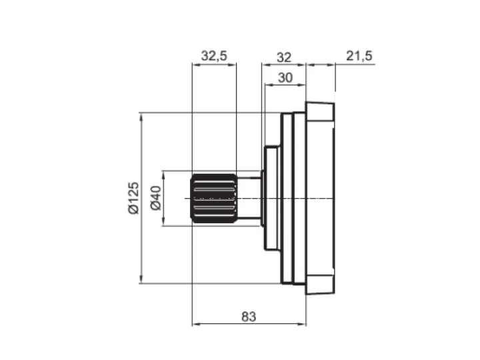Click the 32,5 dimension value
[x=214, y=56]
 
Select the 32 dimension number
[x=284, y=57]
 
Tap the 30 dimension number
[x=285, y=78]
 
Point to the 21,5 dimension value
[x=359, y=56]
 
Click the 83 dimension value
[x=249, y=317]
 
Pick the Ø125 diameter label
[x=134, y=198]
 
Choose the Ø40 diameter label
[x=156, y=198]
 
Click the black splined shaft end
[x=214, y=198]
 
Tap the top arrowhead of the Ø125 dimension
[x=141, y=117]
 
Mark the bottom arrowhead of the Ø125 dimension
[x=141, y=279]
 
